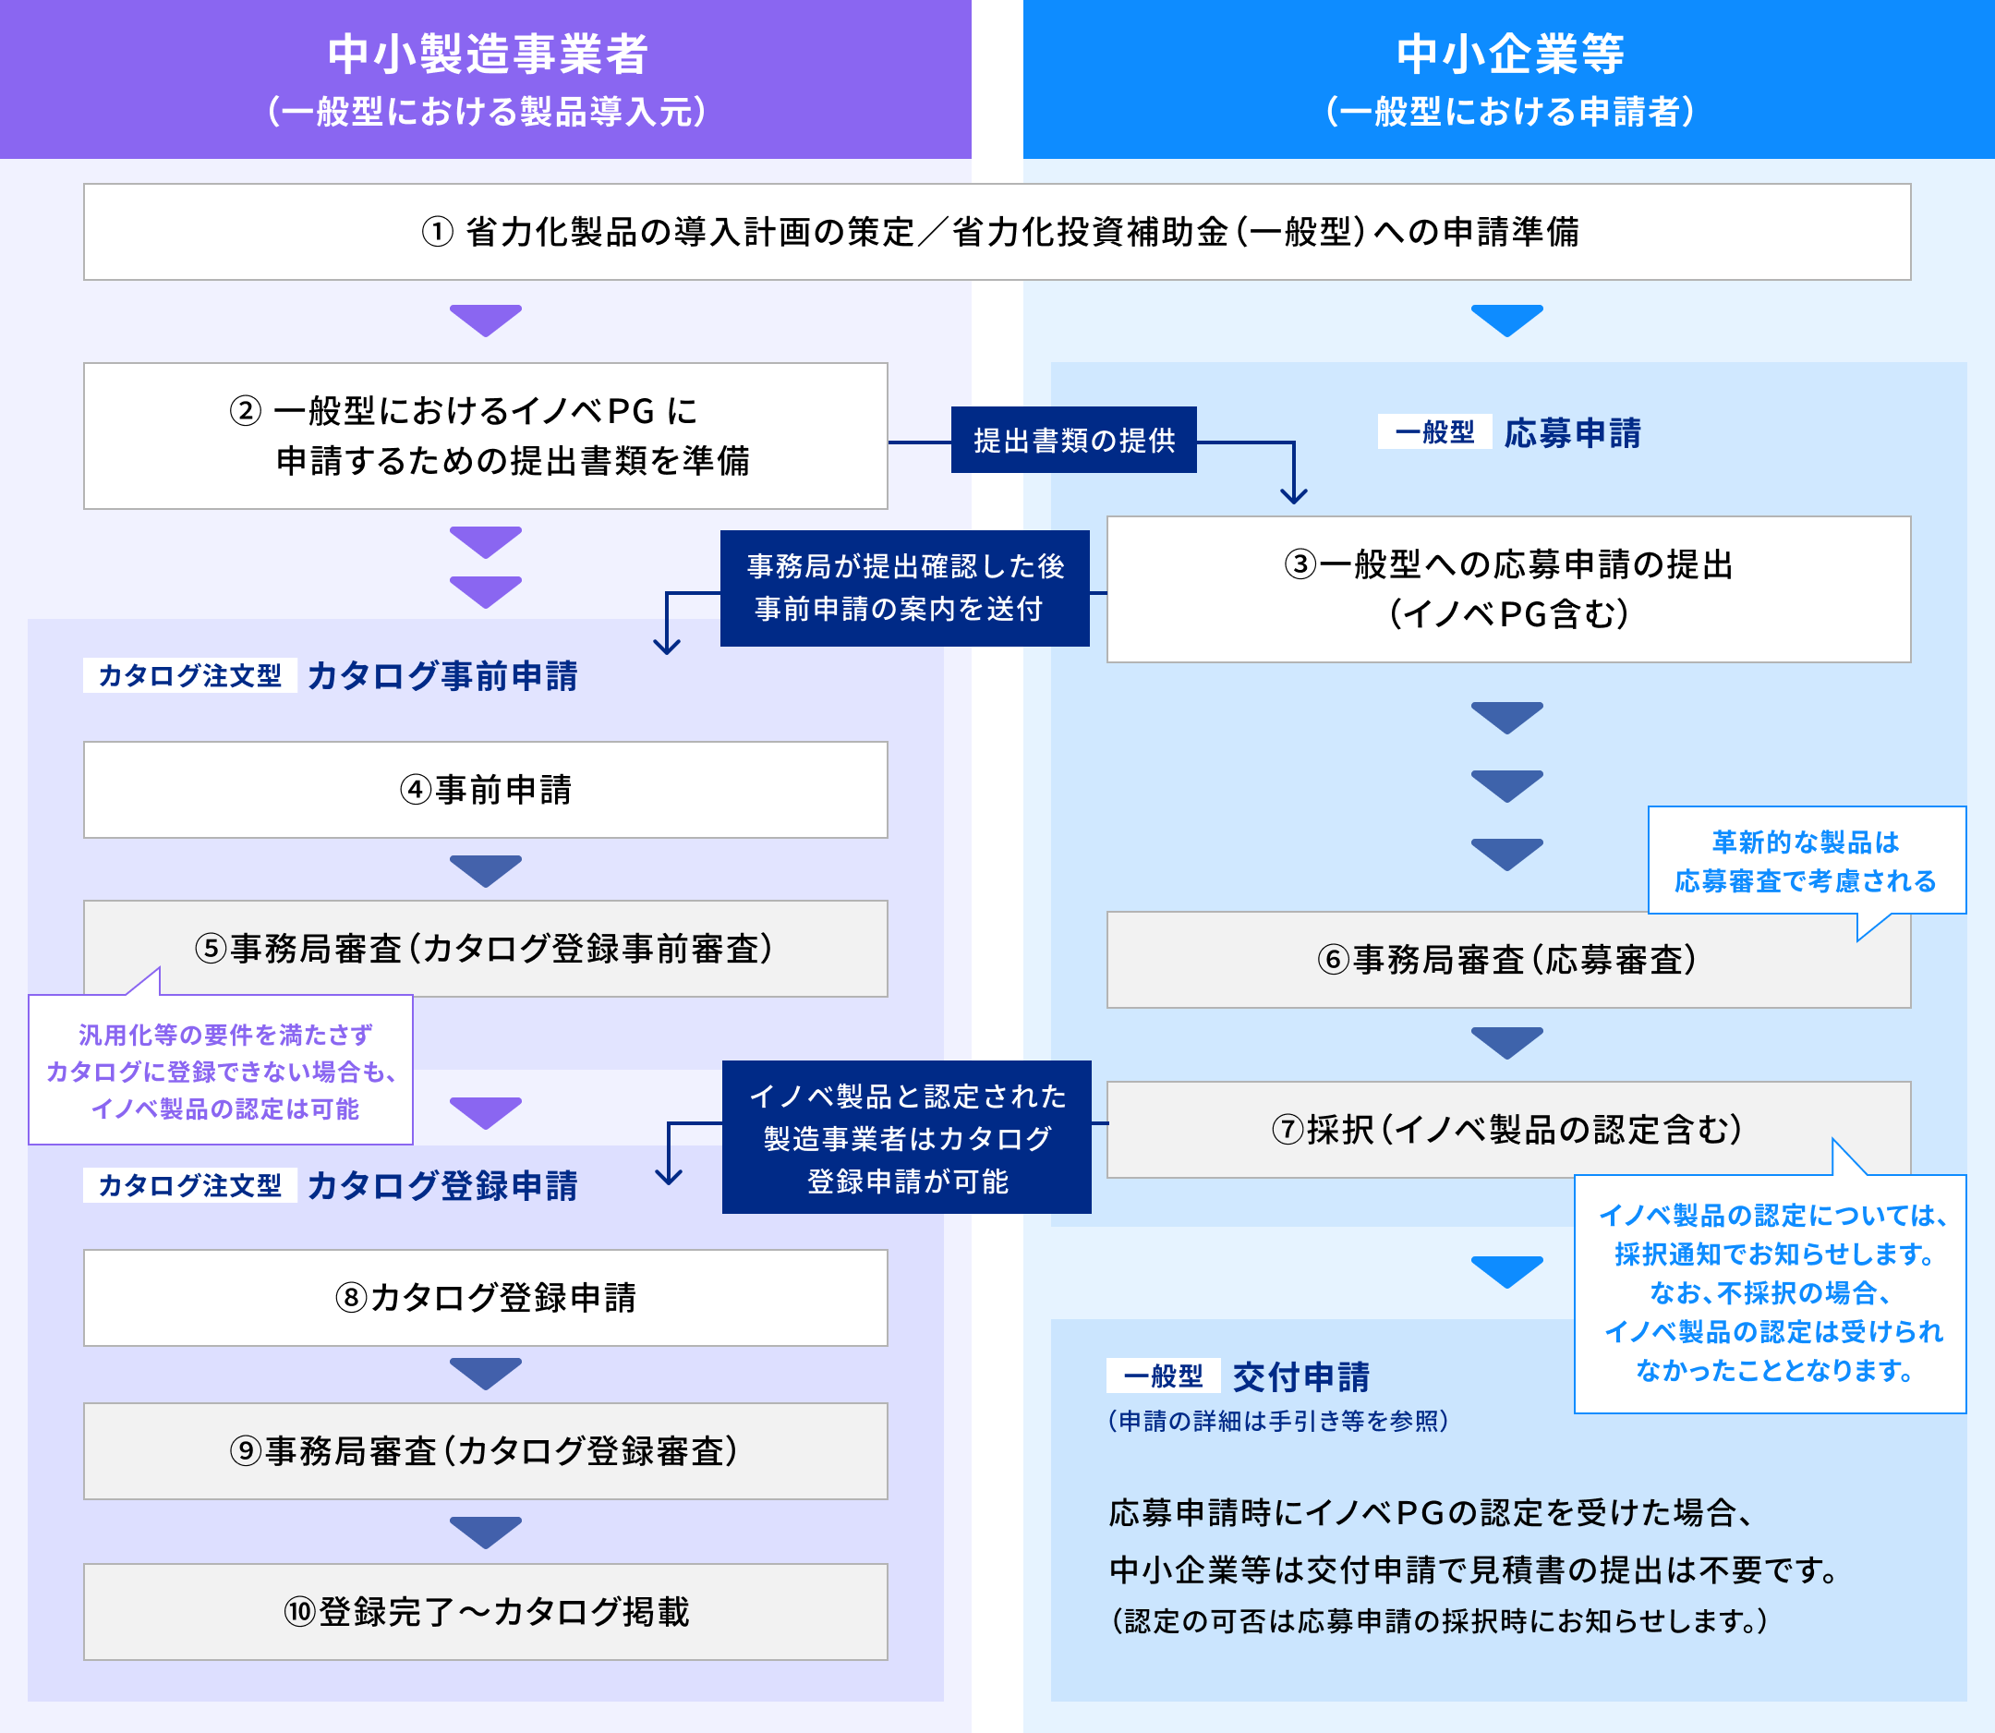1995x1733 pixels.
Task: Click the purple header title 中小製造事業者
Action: coord(487,55)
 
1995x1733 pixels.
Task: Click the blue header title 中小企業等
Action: coord(1509,55)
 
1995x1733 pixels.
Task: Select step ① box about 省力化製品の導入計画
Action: coord(997,232)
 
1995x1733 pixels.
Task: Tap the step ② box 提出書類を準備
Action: coord(486,436)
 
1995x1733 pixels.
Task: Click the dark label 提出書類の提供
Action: coord(1073,440)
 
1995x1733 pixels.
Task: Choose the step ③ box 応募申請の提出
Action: coord(1508,589)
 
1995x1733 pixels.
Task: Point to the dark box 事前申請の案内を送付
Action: coord(904,588)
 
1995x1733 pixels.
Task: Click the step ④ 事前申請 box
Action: coord(486,790)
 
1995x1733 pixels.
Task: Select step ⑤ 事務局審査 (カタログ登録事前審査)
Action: coord(486,949)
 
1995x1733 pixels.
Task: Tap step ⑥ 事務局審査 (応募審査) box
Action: coord(1508,959)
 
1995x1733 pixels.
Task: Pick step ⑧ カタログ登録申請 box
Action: coord(486,1298)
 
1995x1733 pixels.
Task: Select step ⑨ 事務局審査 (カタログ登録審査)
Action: coord(486,1450)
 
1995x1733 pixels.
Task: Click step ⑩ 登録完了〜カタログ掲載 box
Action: coord(486,1612)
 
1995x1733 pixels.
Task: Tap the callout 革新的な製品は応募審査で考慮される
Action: coord(1806,861)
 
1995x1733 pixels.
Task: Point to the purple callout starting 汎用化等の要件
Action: coord(221,1071)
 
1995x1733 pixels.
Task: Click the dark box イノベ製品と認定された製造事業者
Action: coord(907,1137)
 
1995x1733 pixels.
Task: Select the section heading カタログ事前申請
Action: coord(441,676)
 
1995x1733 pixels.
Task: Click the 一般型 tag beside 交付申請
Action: coord(1164,1375)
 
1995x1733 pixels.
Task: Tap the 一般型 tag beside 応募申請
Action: coord(1434,432)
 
